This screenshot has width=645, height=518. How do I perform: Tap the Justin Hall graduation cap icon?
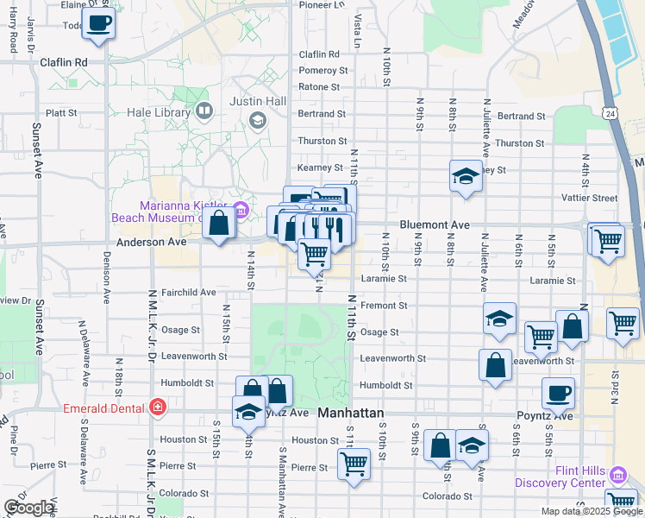[x=257, y=120]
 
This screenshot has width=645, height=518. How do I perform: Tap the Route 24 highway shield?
[x=610, y=113]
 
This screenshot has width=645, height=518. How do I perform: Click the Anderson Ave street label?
[x=151, y=243]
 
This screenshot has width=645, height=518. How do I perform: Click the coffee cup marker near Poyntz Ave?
[x=558, y=393]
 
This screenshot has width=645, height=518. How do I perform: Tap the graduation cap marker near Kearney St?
[x=466, y=177]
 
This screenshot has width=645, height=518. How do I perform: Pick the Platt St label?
[x=61, y=113]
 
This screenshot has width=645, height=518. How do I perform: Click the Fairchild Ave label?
[x=188, y=293]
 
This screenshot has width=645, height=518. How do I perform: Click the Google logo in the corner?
[x=28, y=508]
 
